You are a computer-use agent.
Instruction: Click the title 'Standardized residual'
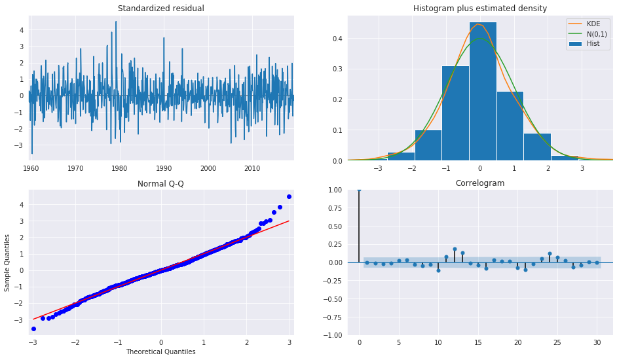tap(160, 9)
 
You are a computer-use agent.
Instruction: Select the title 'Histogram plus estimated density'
tap(479, 9)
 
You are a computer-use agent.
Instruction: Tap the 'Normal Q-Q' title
tap(160, 184)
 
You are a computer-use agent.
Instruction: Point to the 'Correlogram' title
tap(479, 184)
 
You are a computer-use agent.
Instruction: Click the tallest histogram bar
tap(482, 92)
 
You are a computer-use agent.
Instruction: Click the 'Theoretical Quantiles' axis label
tap(160, 352)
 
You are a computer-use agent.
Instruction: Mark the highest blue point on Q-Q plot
tap(289, 196)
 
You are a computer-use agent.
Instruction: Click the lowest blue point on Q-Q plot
tap(33, 329)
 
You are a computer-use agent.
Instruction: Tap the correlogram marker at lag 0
tap(359, 190)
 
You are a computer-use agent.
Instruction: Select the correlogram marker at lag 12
tap(454, 249)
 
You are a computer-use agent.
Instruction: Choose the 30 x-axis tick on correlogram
tap(597, 343)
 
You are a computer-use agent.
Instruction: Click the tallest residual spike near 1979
tap(116, 22)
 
